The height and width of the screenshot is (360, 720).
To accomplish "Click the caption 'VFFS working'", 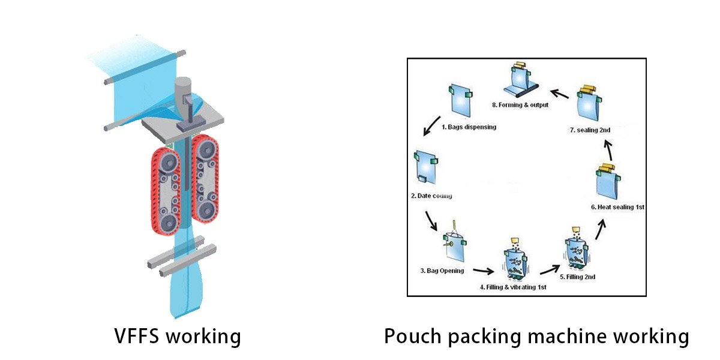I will pyautogui.click(x=178, y=336).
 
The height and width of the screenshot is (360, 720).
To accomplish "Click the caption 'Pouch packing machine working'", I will pyautogui.click(x=536, y=336).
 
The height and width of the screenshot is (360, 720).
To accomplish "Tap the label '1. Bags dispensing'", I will pyautogui.click(x=469, y=127).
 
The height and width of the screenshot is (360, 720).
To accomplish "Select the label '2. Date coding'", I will pyautogui.click(x=431, y=196).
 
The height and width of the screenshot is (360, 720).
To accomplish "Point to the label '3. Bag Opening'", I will pyautogui.click(x=442, y=271).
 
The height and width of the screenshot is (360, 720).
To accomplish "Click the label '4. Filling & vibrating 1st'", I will pyautogui.click(x=513, y=287).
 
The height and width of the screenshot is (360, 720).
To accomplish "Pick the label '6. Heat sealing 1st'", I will pyautogui.click(x=617, y=207).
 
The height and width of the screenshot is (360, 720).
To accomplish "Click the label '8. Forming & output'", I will pyautogui.click(x=520, y=105).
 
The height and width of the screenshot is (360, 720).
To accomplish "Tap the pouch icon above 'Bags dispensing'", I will pyautogui.click(x=460, y=101).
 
